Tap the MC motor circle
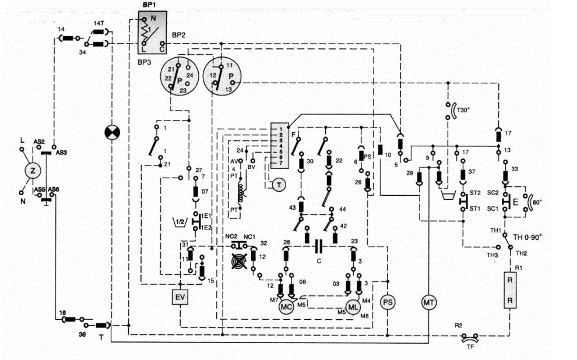[x=286, y=306]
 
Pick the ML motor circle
[x=353, y=306]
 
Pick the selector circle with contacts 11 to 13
[x=221, y=76]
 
